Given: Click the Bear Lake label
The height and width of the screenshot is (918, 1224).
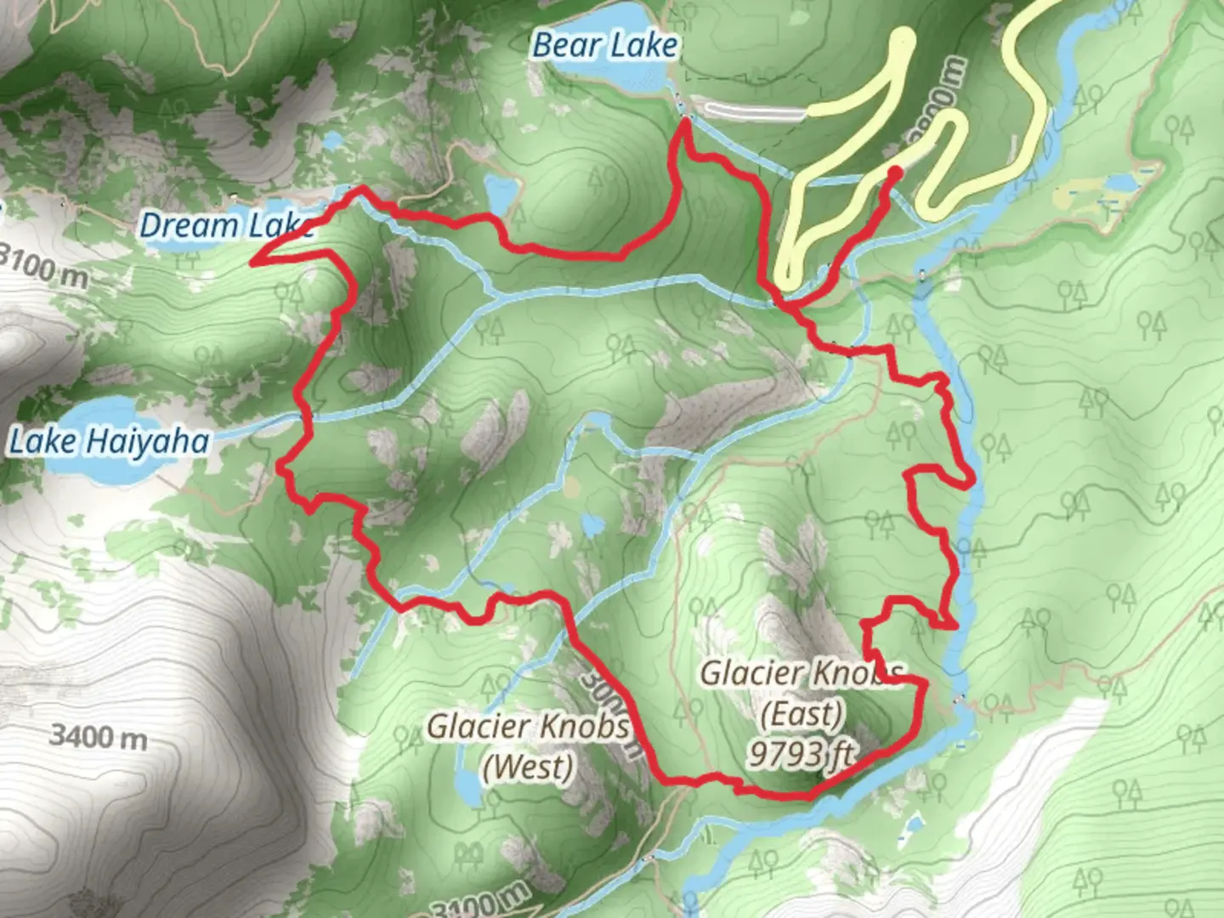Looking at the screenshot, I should tap(604, 46).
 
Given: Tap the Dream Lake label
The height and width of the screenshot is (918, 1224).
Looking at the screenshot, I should tap(225, 226).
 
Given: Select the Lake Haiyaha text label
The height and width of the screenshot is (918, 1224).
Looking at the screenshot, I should tap(108, 442).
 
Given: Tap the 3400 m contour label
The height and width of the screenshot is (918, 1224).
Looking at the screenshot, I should tap(97, 735).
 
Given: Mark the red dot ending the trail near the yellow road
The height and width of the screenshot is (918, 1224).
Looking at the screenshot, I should tap(894, 173).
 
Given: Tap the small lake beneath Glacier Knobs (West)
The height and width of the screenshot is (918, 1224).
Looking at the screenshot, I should tap(467, 786).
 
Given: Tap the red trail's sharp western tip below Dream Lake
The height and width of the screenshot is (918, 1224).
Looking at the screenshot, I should tap(253, 262).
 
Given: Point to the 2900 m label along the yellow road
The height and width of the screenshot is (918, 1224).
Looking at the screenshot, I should tap(943, 98).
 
